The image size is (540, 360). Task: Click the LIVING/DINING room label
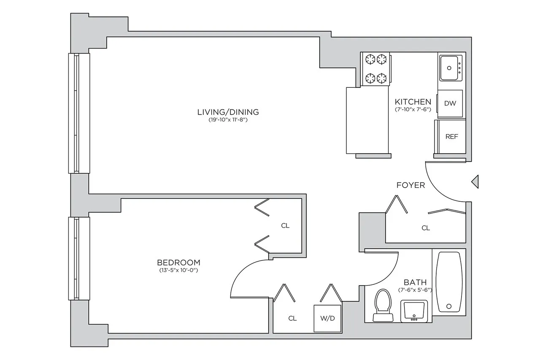228,112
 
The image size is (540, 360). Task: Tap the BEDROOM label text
176,262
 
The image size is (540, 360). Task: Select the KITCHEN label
413,102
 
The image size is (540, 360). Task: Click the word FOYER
410,185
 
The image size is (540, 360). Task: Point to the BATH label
415,282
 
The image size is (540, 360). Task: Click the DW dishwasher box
450,103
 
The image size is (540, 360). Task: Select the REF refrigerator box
451,137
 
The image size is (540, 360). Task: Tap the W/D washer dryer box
327,318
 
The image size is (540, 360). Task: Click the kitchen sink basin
451,68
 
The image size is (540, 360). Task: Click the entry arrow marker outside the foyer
475,182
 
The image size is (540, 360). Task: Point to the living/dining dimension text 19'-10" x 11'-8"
228,120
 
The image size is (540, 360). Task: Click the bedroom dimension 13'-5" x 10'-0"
176,270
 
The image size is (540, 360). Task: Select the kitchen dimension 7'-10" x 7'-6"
413,109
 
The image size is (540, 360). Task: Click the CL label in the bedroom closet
285,226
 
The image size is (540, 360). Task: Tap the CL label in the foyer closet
426,228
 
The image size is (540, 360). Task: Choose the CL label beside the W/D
292,318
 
